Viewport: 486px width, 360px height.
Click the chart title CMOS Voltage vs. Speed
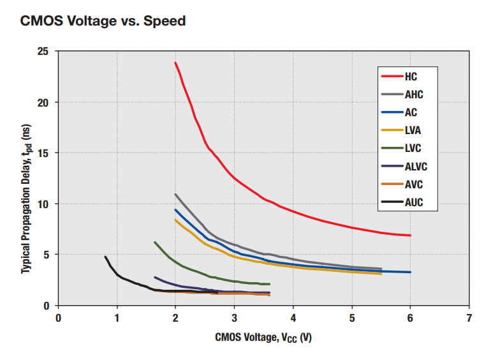pos(103,21)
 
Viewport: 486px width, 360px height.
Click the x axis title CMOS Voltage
pos(263,338)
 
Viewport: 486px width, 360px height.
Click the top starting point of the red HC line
pos(175,63)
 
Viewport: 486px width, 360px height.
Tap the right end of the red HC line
pos(410,236)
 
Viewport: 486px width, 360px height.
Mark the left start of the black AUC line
pos(105,257)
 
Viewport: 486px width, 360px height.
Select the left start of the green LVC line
pos(155,243)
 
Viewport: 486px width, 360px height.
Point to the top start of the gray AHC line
pos(175,195)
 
